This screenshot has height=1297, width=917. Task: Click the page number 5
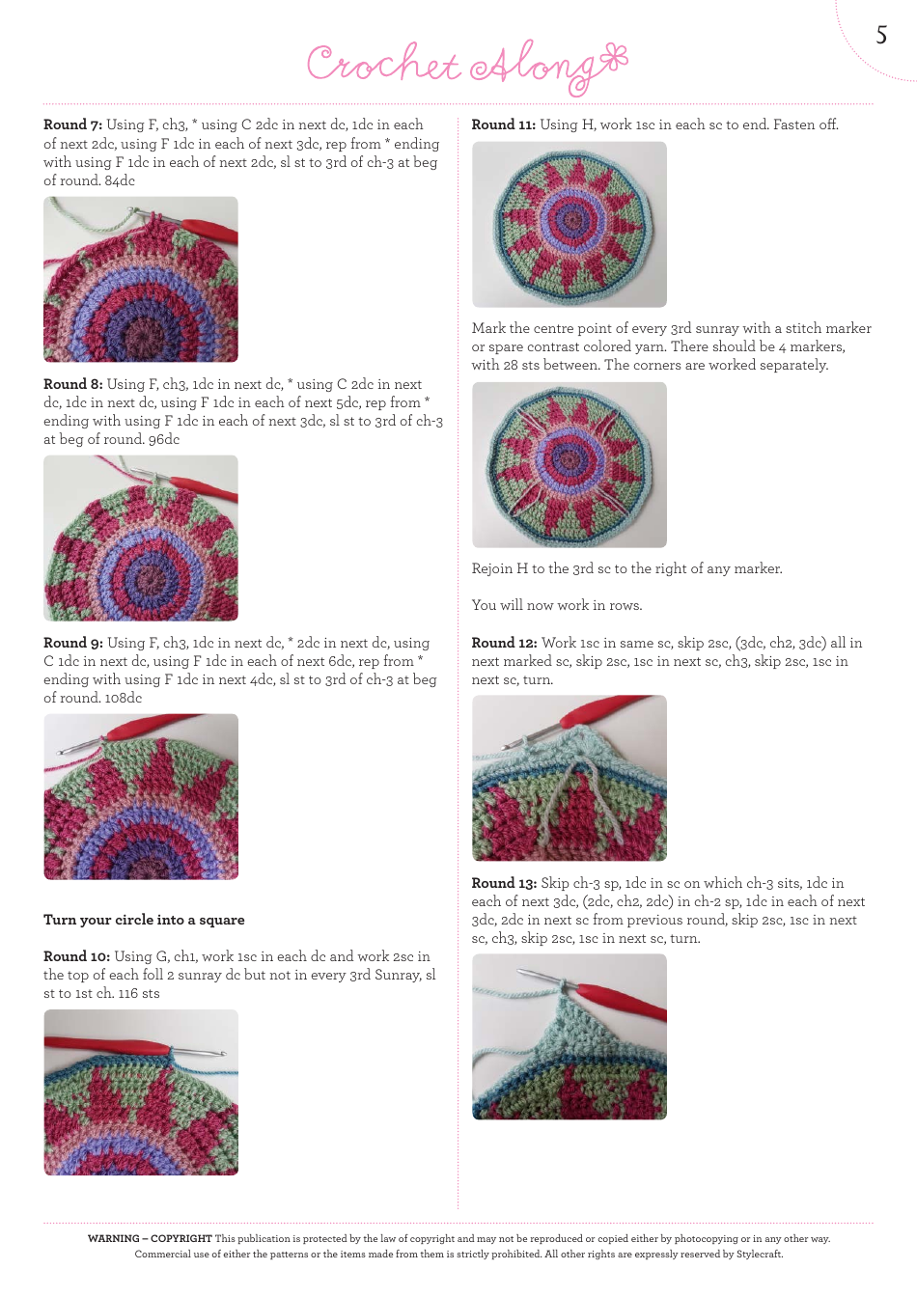880,36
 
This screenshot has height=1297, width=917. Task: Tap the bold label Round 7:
72,124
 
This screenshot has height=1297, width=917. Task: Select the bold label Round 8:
72,384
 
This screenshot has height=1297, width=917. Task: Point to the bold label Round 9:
72,643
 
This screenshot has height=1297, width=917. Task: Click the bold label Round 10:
76,956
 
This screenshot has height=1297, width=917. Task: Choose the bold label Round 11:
503,124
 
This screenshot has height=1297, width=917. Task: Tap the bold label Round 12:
504,643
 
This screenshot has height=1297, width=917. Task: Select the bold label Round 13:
504,883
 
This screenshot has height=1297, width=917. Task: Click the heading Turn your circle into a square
144,920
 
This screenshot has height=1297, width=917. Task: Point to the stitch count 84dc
120,180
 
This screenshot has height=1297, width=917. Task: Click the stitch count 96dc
164,439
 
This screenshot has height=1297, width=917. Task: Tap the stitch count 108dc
123,698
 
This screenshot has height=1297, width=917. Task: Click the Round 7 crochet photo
141,280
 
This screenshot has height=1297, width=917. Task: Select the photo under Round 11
569,225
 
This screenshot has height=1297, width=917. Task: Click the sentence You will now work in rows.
557,605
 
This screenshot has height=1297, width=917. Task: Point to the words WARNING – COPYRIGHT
150,1239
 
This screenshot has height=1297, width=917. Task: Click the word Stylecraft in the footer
759,1255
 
